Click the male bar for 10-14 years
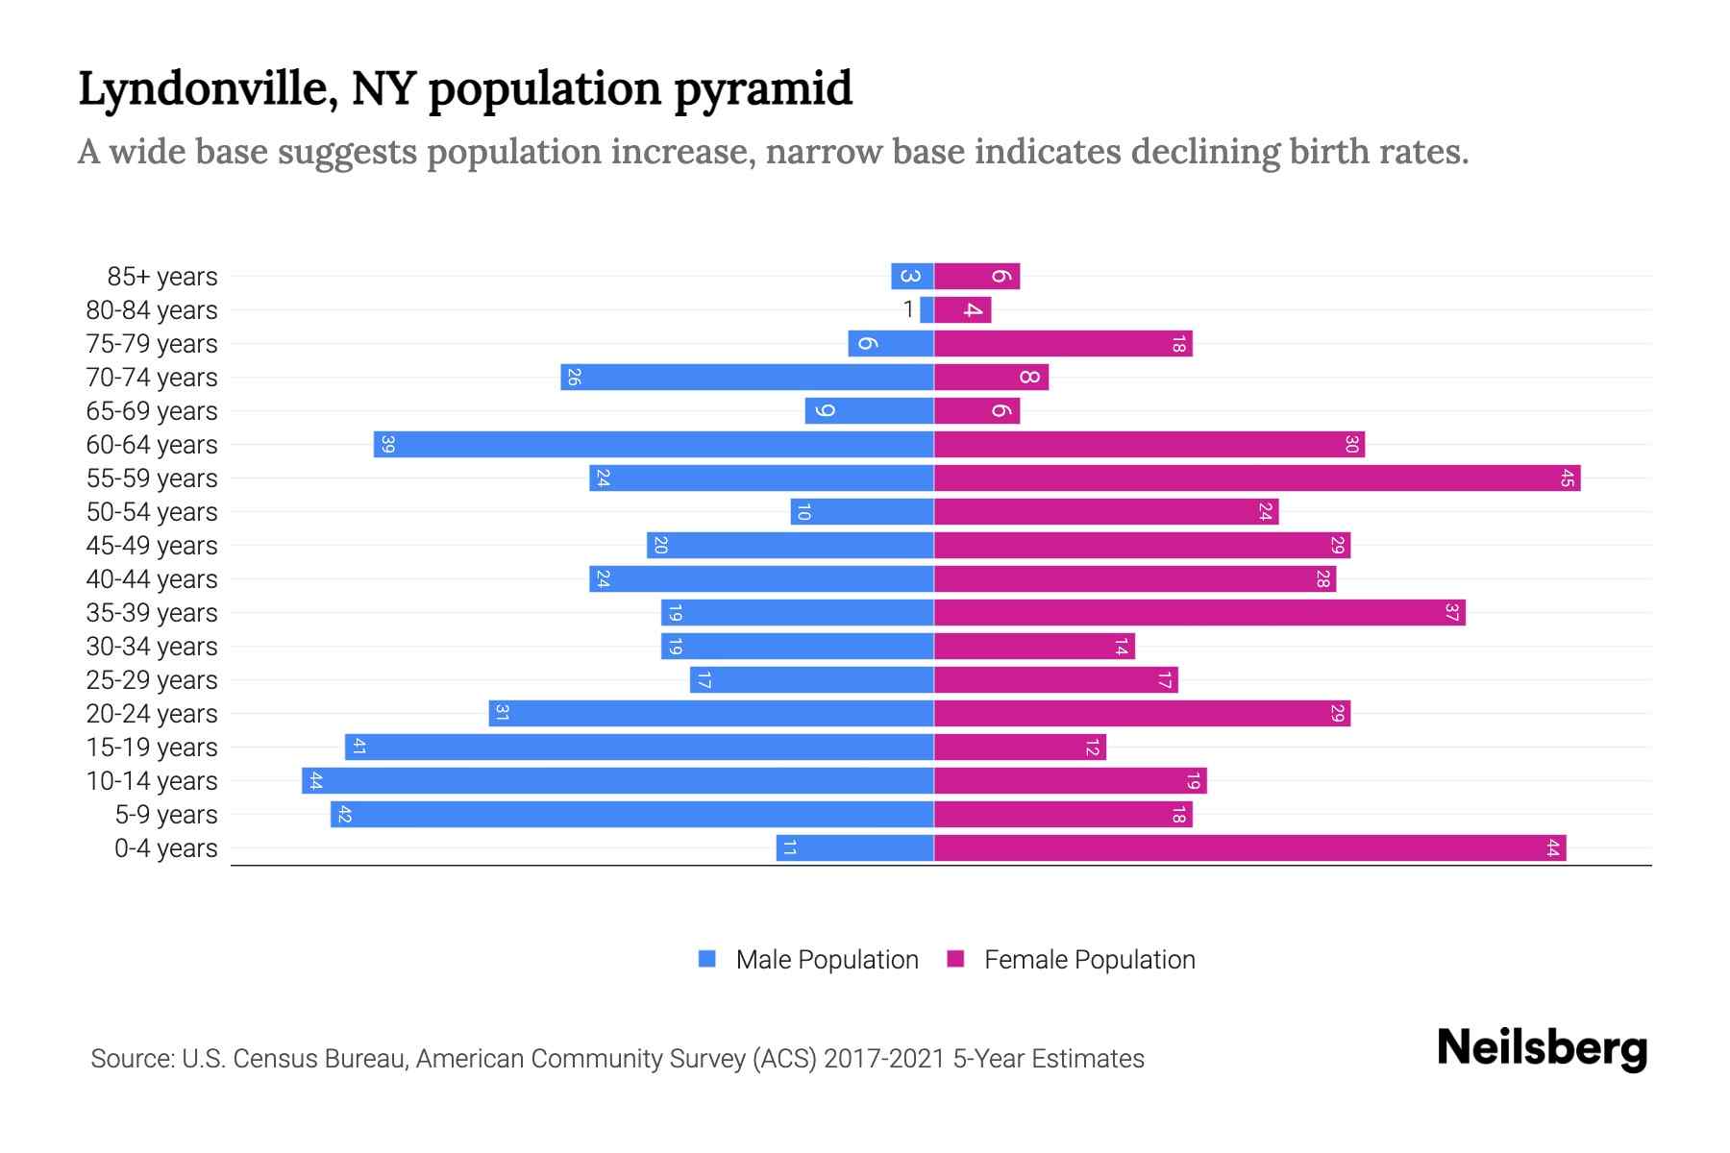(618, 781)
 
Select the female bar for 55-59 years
(1257, 478)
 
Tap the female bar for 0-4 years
(1249, 848)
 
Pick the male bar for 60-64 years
(654, 445)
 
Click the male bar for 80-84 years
(927, 310)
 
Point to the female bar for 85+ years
(976, 277)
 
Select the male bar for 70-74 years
(747, 378)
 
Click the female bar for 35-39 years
(1199, 613)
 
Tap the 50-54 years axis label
(152, 512)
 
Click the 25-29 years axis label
(152, 680)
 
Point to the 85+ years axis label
(162, 277)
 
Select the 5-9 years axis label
(166, 815)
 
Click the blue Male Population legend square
(707, 959)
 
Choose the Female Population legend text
(1089, 960)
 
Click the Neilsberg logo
(1542, 1048)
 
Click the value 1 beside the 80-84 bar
(908, 310)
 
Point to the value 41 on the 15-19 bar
(358, 748)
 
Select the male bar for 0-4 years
(855, 848)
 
